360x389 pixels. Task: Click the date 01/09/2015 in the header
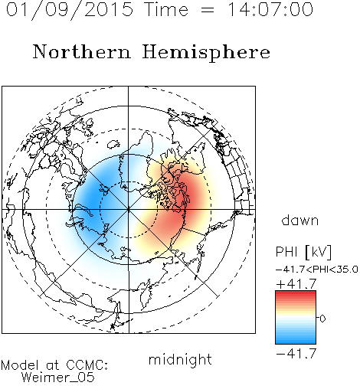pos(70,10)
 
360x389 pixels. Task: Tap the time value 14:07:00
pos(270,9)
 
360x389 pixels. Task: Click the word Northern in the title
pos(82,51)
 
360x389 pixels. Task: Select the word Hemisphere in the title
pos(206,53)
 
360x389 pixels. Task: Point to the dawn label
pos(300,220)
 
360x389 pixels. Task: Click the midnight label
pos(180,359)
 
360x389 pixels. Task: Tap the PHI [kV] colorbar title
pos(304,252)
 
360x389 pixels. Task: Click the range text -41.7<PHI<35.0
pos(317,270)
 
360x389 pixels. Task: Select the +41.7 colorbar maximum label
pos(296,284)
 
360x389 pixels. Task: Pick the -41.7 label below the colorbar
pos(296,353)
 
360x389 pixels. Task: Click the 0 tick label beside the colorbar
pos(322,319)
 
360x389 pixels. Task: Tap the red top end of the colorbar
pos(296,293)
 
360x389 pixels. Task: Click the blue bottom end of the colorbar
pos(296,342)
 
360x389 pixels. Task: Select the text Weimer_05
pos(58,378)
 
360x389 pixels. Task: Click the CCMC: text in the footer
pos(87,365)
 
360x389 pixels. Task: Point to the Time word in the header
pos(166,9)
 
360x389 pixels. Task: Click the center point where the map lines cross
pos(129,209)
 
